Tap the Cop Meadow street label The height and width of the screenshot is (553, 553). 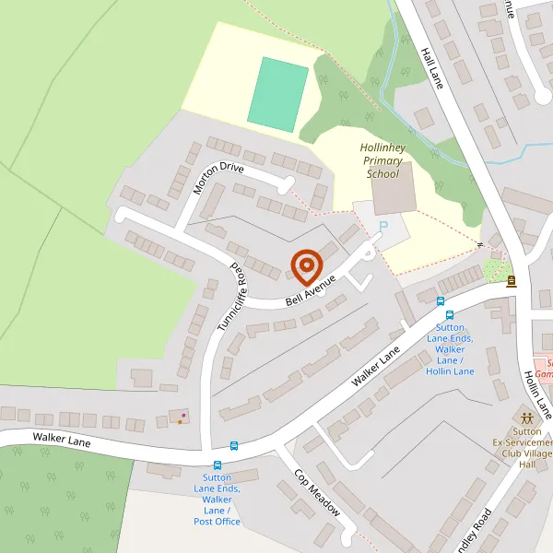pos(317,493)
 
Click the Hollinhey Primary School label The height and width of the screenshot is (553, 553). pos(382,160)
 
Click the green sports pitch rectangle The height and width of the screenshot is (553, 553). pos(277,94)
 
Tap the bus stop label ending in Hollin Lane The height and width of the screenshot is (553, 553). pos(450,349)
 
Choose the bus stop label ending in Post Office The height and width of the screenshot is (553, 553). pos(218,505)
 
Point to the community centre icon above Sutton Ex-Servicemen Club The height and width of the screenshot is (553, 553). pos(526,417)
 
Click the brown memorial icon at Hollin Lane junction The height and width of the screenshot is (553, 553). pos(511,280)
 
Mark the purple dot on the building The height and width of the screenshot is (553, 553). pos(183,416)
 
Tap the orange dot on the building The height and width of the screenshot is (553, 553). pos(180,422)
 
